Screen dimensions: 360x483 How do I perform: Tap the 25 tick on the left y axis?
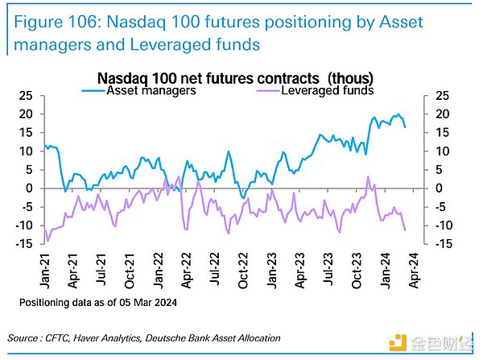[27, 96]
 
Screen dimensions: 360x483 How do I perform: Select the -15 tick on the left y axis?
[24, 243]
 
